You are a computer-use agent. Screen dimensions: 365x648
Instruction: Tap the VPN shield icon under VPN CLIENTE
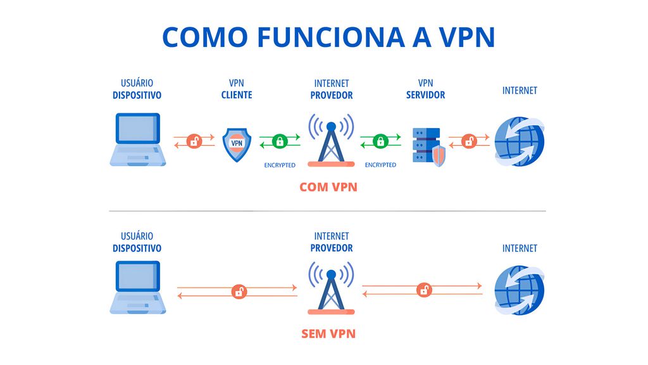(x=237, y=143)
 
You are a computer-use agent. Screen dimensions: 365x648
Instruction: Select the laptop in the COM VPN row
(x=138, y=140)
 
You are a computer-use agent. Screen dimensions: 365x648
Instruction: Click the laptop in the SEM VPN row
(x=138, y=288)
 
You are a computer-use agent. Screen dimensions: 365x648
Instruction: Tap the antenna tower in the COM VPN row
(x=331, y=140)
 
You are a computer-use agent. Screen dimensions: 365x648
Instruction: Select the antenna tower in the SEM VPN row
(x=331, y=288)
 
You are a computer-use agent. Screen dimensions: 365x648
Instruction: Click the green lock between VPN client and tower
(x=279, y=141)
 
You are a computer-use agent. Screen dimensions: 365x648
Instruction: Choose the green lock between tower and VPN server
(x=380, y=141)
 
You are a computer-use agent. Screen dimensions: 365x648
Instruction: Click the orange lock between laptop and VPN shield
(x=194, y=141)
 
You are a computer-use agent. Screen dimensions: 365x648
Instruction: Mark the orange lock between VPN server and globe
(x=469, y=141)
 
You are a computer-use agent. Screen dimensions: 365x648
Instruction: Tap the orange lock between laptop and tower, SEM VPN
(x=239, y=291)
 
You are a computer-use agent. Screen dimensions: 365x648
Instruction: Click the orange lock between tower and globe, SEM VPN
(x=424, y=290)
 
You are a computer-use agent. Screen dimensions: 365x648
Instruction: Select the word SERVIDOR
(x=425, y=95)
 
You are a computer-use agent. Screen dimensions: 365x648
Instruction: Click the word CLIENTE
(x=237, y=95)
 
